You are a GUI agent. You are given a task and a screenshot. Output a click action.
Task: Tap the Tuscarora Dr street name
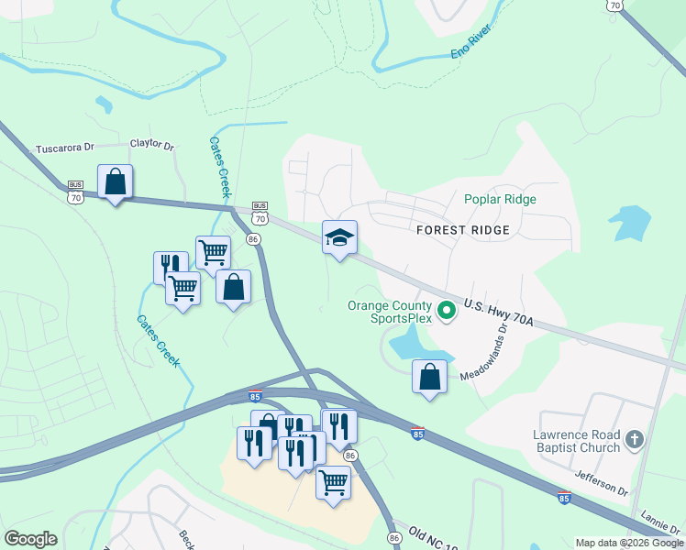coord(64,148)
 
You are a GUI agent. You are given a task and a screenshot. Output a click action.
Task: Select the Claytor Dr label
coord(152,144)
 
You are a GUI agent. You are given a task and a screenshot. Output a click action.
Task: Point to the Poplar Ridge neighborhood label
coord(500,199)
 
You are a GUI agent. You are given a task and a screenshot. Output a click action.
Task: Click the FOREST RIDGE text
coord(462,230)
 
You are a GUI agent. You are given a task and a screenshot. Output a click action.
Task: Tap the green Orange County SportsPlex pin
coord(447,312)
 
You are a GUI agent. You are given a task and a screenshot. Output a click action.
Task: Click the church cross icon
coord(635,441)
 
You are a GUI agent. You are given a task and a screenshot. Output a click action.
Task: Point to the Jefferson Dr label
coord(602,483)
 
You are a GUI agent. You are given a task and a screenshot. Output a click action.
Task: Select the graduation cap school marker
coord(339,237)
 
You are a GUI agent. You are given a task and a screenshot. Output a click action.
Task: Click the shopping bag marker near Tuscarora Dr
coord(116,182)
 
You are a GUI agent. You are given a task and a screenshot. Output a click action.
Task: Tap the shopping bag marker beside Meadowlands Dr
coord(429,377)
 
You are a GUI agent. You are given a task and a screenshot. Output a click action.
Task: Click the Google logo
coord(30,539)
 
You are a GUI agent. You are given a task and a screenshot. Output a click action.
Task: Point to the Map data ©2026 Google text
coord(628,543)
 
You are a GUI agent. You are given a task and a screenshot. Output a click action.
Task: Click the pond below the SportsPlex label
coord(414,347)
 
